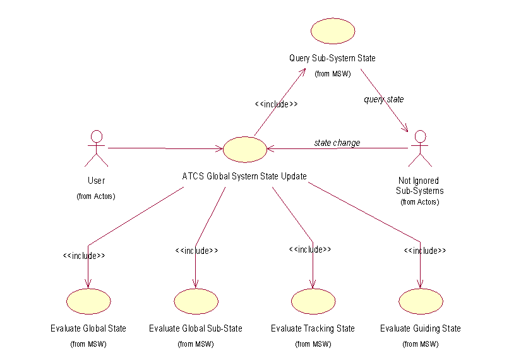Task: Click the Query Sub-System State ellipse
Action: coord(333,31)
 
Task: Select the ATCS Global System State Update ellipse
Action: coord(244,150)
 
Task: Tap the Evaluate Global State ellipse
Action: coord(88,301)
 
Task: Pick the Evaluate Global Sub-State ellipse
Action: coord(196,301)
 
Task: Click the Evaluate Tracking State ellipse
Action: coord(313,301)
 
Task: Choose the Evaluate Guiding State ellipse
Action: coord(421,301)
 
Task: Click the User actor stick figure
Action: coord(97,148)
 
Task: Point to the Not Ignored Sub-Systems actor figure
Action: coord(420,148)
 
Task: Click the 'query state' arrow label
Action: coord(383,99)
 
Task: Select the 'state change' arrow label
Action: coord(337,143)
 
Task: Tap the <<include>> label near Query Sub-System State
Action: coord(276,104)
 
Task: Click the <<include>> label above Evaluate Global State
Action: coord(84,256)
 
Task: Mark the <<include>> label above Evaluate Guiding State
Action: coord(425,251)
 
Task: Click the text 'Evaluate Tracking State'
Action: coord(313,328)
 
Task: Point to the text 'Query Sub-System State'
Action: coord(332,58)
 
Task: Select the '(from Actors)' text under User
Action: coord(96,196)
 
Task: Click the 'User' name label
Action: coord(97,181)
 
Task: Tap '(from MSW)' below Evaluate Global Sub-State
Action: coord(195,344)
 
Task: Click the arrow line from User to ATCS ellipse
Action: coord(164,148)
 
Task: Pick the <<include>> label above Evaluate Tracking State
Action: coord(309,249)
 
